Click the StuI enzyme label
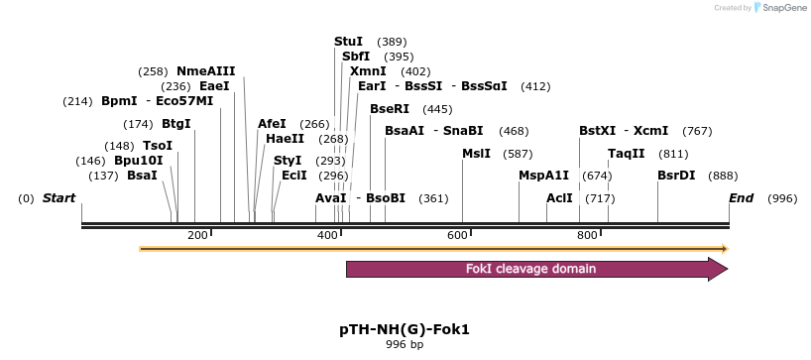(x=348, y=42)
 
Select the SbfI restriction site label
(x=355, y=57)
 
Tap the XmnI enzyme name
(x=368, y=71)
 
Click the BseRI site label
(x=389, y=109)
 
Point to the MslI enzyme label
(x=476, y=154)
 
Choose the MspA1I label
(x=543, y=176)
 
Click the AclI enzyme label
(x=559, y=198)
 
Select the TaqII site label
(x=626, y=154)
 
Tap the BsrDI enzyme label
(x=676, y=176)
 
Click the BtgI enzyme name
(x=175, y=124)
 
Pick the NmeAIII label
(x=205, y=71)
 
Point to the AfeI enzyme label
(x=272, y=124)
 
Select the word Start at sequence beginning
(x=58, y=198)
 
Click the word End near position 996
(x=741, y=198)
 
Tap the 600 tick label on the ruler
(x=457, y=235)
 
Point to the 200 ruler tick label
(x=197, y=235)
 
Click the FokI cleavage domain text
(x=530, y=269)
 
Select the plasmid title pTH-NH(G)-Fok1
(x=405, y=328)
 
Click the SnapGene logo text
(x=783, y=8)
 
